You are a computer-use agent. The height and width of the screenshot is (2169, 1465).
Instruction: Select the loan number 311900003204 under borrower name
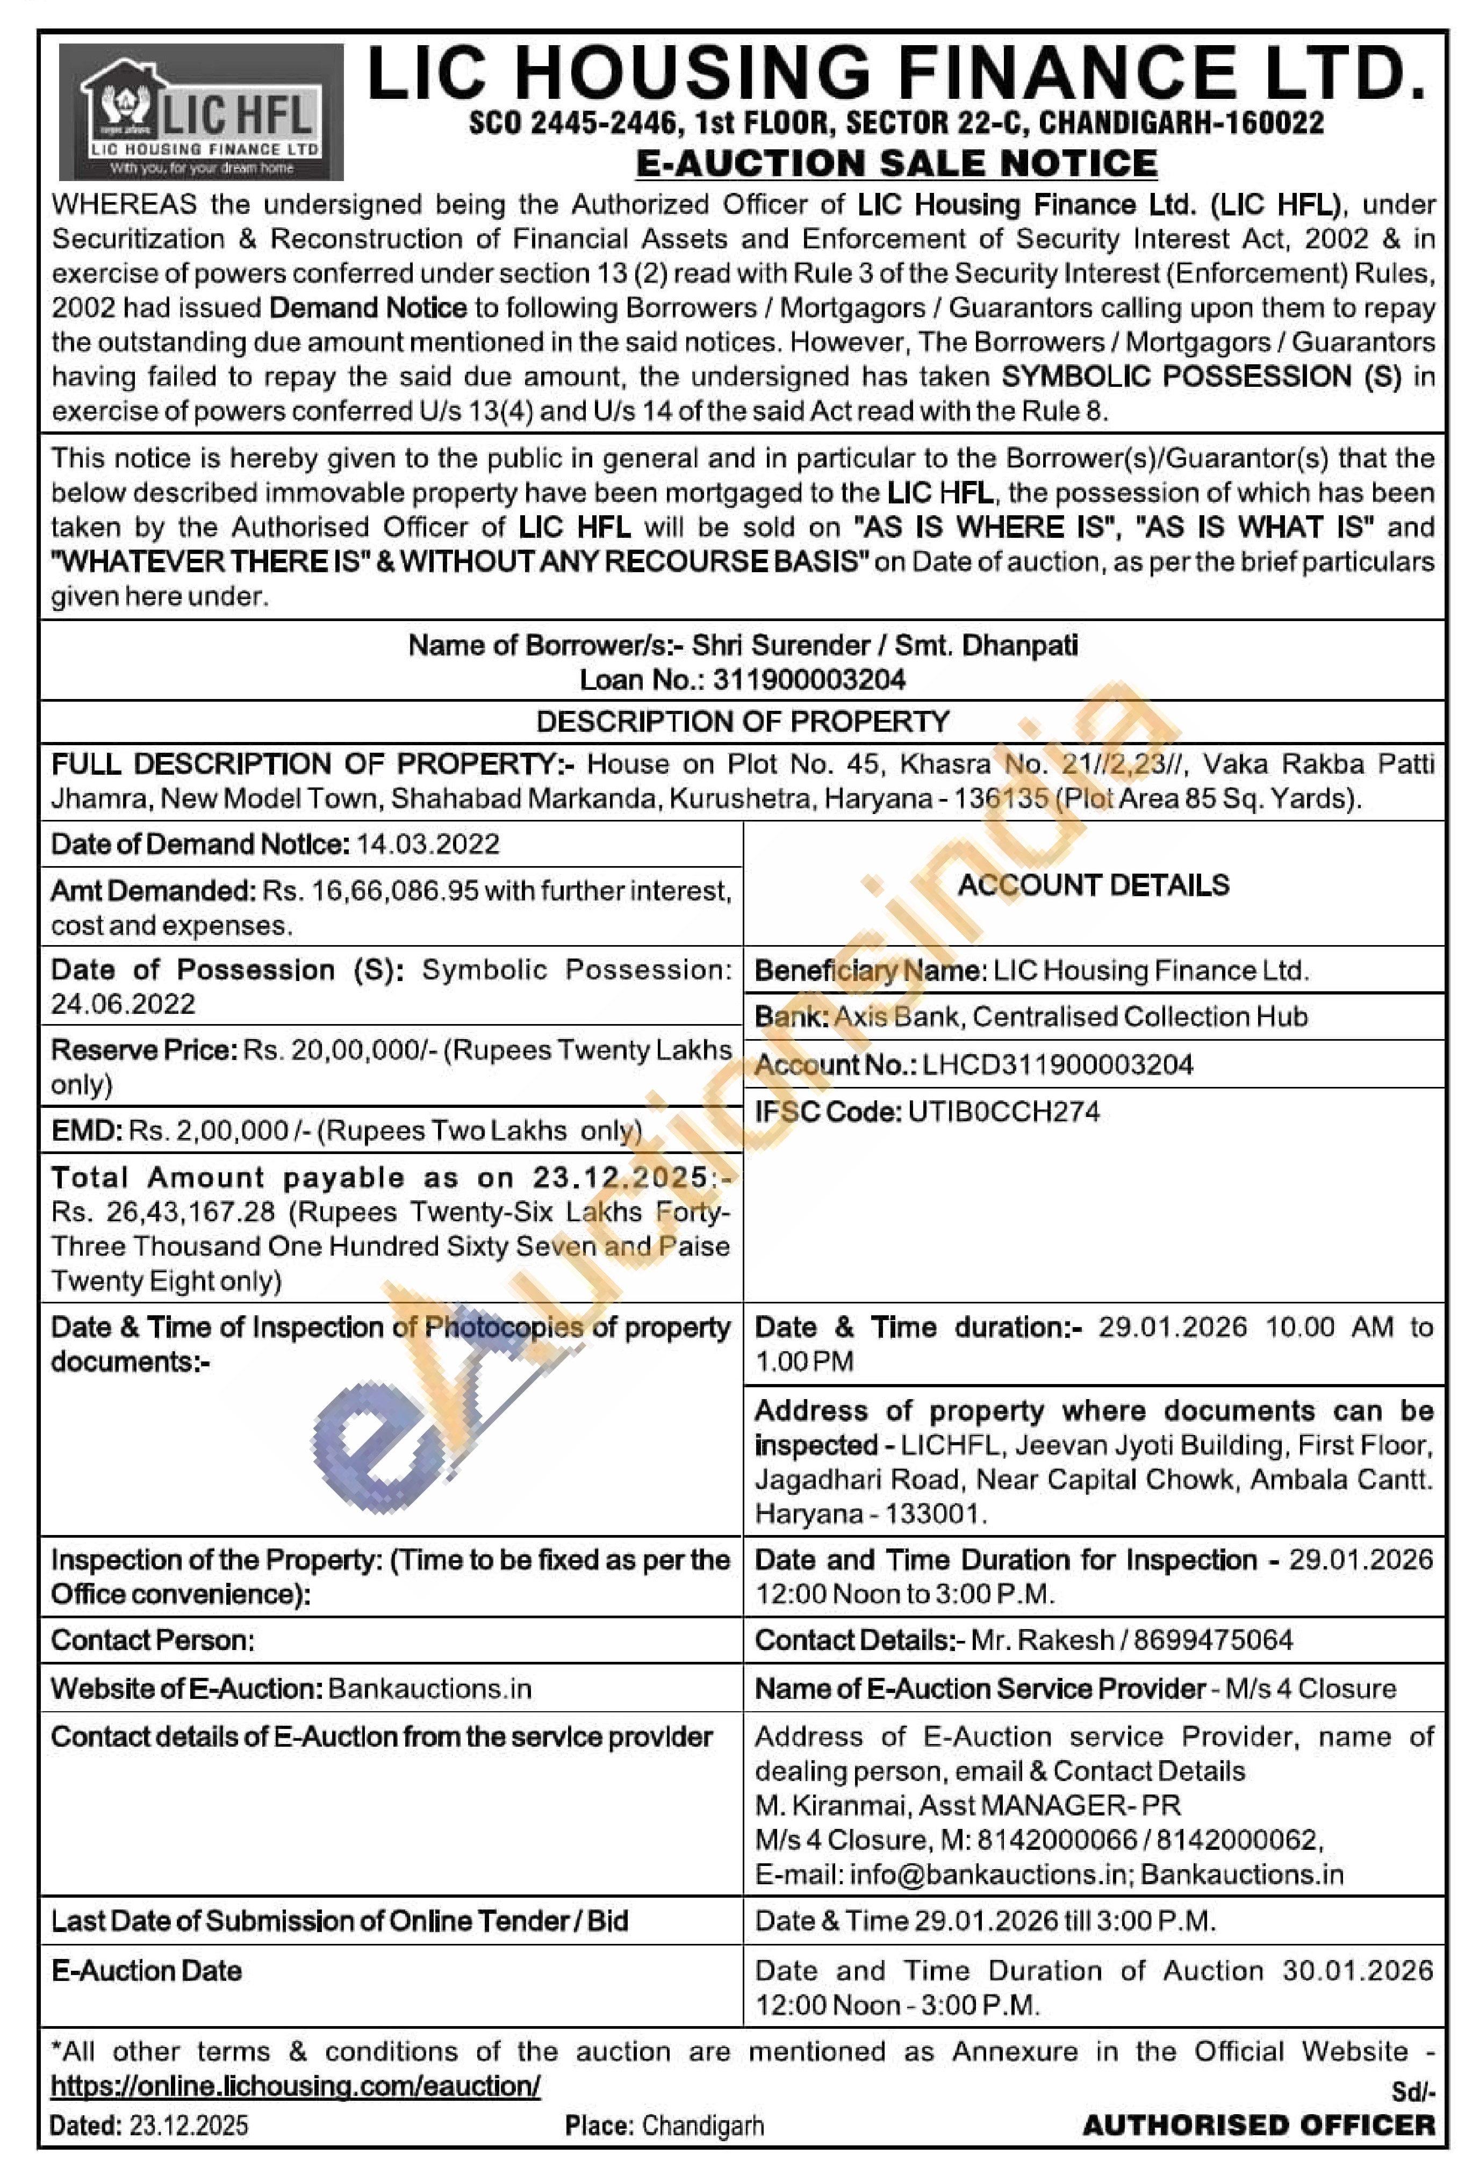809,680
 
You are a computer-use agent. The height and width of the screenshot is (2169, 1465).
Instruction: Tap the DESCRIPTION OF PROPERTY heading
742,722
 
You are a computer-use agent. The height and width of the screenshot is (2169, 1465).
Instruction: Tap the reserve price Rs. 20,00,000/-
340,1050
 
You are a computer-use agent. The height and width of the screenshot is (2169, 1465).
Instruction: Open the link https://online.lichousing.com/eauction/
295,2086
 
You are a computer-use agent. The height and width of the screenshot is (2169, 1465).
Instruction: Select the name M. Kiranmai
832,1805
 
